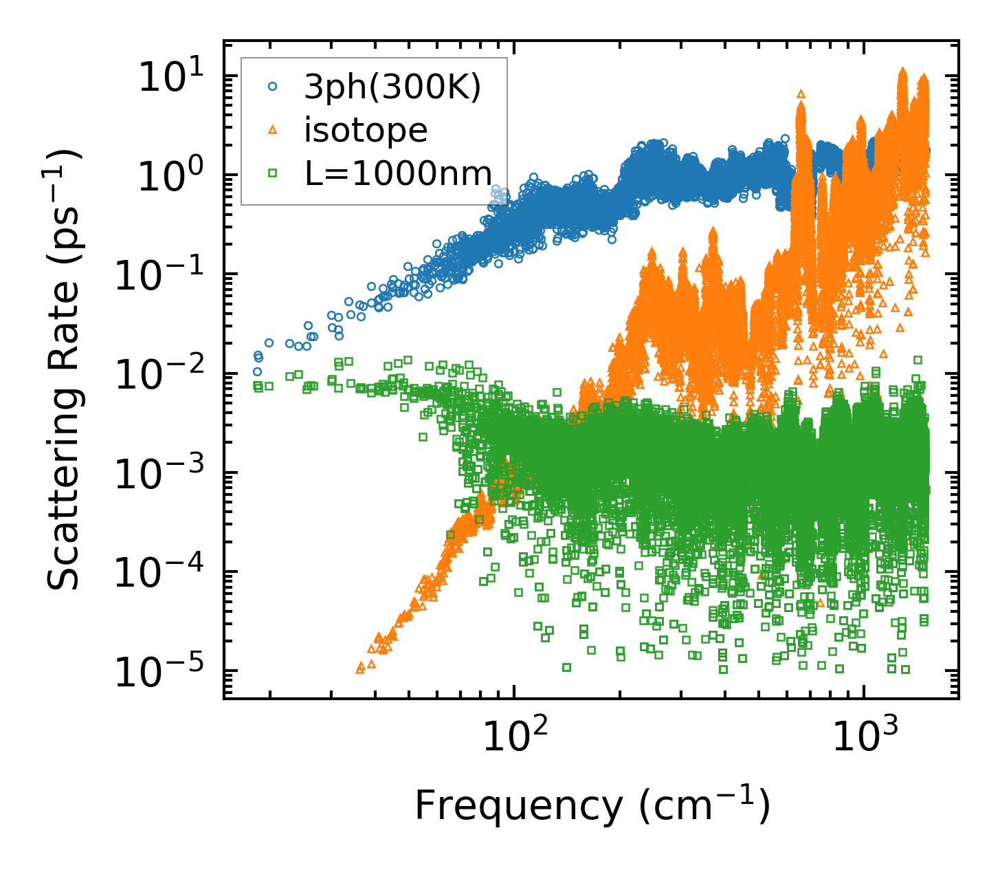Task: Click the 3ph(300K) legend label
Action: (x=392, y=87)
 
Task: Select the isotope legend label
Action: (x=366, y=131)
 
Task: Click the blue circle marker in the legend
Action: (x=273, y=87)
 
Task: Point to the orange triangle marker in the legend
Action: (x=273, y=130)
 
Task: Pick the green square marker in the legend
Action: (x=273, y=174)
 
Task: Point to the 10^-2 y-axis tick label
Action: (x=165, y=374)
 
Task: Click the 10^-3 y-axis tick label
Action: (x=165, y=474)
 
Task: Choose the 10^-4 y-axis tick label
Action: (x=165, y=573)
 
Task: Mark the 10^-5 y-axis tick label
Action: (x=165, y=672)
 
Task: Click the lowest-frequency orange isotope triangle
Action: (x=360, y=668)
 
